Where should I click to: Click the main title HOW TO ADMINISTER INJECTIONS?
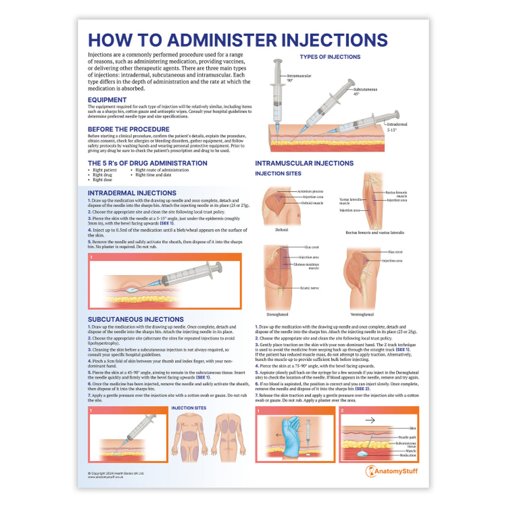click(238, 40)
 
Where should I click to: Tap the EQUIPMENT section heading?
click(107, 99)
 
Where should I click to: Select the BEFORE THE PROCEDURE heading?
click(128, 129)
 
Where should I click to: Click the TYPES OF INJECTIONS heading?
click(330, 57)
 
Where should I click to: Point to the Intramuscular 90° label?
click(299, 77)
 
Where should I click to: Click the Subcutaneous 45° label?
click(365, 91)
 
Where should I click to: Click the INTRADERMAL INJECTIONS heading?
click(132, 193)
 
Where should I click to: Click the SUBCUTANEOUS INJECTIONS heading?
click(136, 319)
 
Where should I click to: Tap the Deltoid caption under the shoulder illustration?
click(281, 229)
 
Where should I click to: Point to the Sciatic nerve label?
click(310, 288)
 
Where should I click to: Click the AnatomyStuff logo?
click(391, 471)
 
